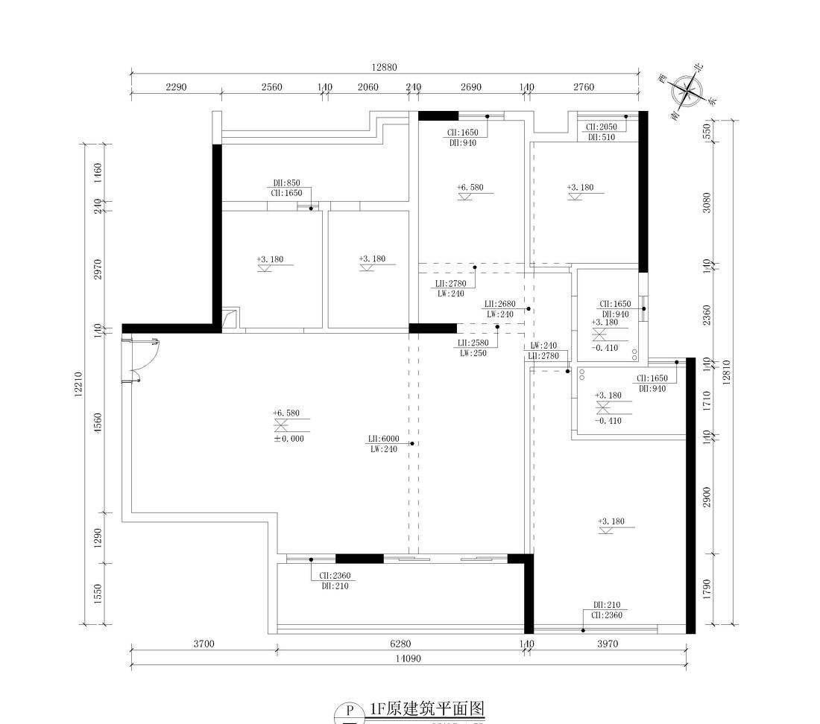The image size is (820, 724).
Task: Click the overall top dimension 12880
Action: pos(385,67)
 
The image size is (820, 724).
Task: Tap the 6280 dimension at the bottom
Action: pos(400,644)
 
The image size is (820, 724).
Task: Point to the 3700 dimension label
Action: pos(203,644)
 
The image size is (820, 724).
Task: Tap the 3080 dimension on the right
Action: pos(707,203)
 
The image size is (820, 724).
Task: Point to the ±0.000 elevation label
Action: pos(288,439)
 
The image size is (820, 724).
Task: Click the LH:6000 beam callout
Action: pos(383,439)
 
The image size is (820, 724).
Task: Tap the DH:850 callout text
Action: pos(286,182)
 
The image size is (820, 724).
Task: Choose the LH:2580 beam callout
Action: pos(473,343)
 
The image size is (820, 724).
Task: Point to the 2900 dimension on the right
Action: pos(707,497)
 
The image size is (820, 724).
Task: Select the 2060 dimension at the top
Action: pos(368,87)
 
